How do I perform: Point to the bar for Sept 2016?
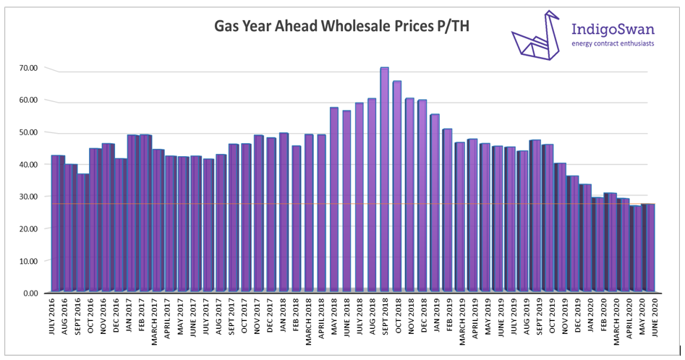click(x=83, y=231)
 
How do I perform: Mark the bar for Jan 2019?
click(x=435, y=202)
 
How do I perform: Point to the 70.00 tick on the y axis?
click(x=29, y=68)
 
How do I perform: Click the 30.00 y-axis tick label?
click(x=29, y=197)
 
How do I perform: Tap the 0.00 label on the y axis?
click(x=31, y=293)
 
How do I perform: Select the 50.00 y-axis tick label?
click(x=29, y=132)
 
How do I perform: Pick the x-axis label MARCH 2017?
click(x=159, y=321)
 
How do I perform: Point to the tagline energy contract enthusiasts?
click(x=613, y=44)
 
